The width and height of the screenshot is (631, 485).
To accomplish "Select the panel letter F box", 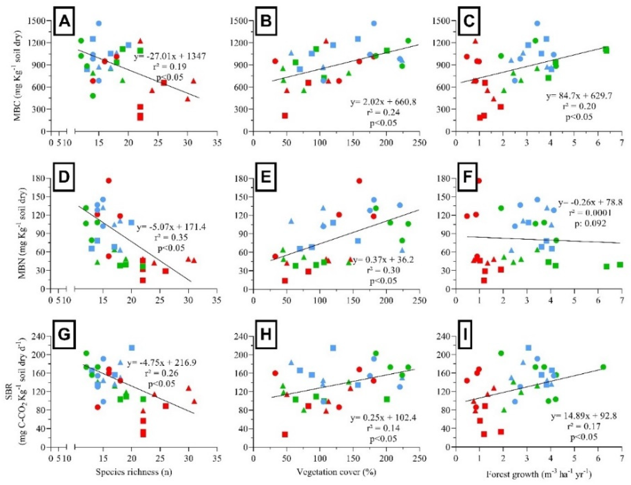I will tap(467, 177).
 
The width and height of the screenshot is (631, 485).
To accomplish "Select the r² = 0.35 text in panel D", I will tap(171, 237).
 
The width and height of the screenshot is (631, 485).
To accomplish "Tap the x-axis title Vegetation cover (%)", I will tap(336, 472).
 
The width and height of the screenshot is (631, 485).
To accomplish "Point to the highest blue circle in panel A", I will tap(99, 23).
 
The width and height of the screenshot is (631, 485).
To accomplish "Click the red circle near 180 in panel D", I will tap(109, 181).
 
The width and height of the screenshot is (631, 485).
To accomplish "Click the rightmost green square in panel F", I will tap(620, 264).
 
